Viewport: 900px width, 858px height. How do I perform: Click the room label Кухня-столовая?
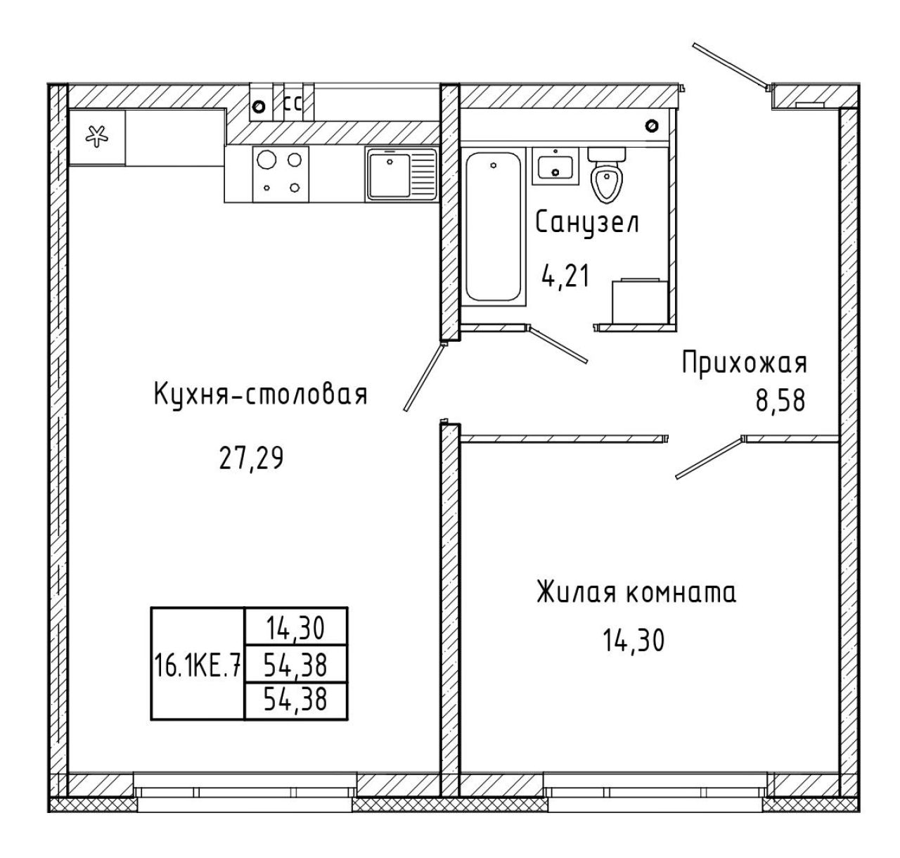[260, 395]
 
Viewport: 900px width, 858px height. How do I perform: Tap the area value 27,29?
[251, 459]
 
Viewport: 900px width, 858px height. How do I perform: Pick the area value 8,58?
[780, 401]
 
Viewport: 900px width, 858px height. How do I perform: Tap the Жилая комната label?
[636, 592]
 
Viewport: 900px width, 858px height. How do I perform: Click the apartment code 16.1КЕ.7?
[198, 665]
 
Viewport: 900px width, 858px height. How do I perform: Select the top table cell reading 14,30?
[296, 628]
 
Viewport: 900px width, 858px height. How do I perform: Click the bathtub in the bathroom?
[493, 226]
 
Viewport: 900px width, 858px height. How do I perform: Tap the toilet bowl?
[607, 174]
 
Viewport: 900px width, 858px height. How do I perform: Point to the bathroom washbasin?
[555, 166]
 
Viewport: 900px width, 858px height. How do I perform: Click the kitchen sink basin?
[390, 175]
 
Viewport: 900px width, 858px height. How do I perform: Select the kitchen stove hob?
[281, 174]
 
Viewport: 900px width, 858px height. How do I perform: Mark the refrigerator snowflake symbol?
[97, 137]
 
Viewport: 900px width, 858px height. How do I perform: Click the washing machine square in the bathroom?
[640, 300]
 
